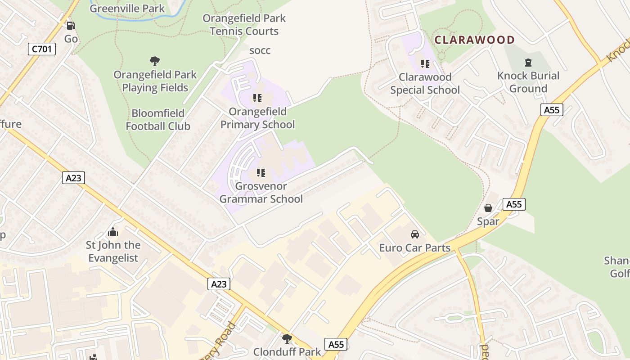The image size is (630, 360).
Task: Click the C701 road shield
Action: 42,49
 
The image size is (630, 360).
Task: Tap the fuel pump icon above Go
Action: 71,26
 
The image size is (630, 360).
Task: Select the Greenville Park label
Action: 127,8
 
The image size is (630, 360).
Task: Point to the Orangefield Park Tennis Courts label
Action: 244,25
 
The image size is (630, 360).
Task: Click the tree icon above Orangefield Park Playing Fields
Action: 155,61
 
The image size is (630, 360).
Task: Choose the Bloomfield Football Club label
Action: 158,120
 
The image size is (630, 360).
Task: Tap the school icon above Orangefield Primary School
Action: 257,98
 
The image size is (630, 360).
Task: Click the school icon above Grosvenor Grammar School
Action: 261,172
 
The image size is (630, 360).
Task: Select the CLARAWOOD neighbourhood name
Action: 474,40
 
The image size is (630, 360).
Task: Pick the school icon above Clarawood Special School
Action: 425,64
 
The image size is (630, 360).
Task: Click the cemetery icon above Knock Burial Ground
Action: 528,63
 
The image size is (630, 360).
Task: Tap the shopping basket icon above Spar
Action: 488,208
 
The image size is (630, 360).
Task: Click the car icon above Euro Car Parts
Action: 415,234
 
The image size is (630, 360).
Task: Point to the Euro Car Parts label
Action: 415,248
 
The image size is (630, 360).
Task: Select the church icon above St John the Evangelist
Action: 113,232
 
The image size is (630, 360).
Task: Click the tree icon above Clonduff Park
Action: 287,338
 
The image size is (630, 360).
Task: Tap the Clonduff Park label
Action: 287,352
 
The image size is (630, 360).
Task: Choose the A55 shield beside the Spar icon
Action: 514,204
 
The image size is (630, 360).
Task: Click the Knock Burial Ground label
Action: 528,82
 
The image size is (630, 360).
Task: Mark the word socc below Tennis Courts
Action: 260,50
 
